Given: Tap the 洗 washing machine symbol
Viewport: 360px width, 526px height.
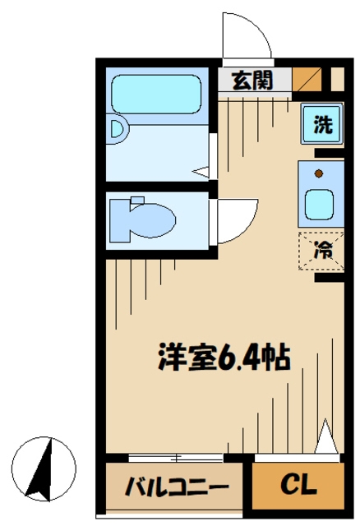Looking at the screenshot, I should click(324, 126).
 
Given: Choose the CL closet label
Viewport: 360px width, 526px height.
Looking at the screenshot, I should click(298, 486).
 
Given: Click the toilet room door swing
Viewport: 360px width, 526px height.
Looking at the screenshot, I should click(233, 220).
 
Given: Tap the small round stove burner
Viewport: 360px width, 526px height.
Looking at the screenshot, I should click(319, 173).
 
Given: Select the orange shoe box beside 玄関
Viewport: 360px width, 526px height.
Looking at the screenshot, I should click(307, 80).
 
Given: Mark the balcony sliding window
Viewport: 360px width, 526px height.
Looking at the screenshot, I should click(176, 457).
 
